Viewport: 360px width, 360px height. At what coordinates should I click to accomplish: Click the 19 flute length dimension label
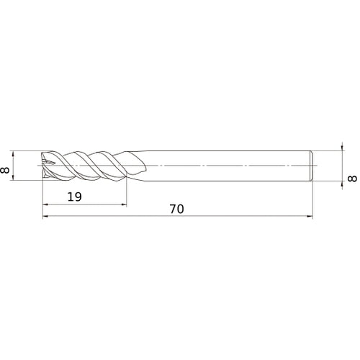coord(73,197)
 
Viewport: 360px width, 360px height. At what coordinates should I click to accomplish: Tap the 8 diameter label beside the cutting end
coord(7,166)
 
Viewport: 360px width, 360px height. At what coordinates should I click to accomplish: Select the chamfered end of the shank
coord(311,166)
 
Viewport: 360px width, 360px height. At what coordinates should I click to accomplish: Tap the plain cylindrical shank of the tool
coord(230,166)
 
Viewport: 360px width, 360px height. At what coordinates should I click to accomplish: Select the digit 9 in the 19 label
coord(77,197)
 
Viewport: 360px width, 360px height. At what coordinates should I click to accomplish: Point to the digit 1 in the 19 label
coord(70,197)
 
